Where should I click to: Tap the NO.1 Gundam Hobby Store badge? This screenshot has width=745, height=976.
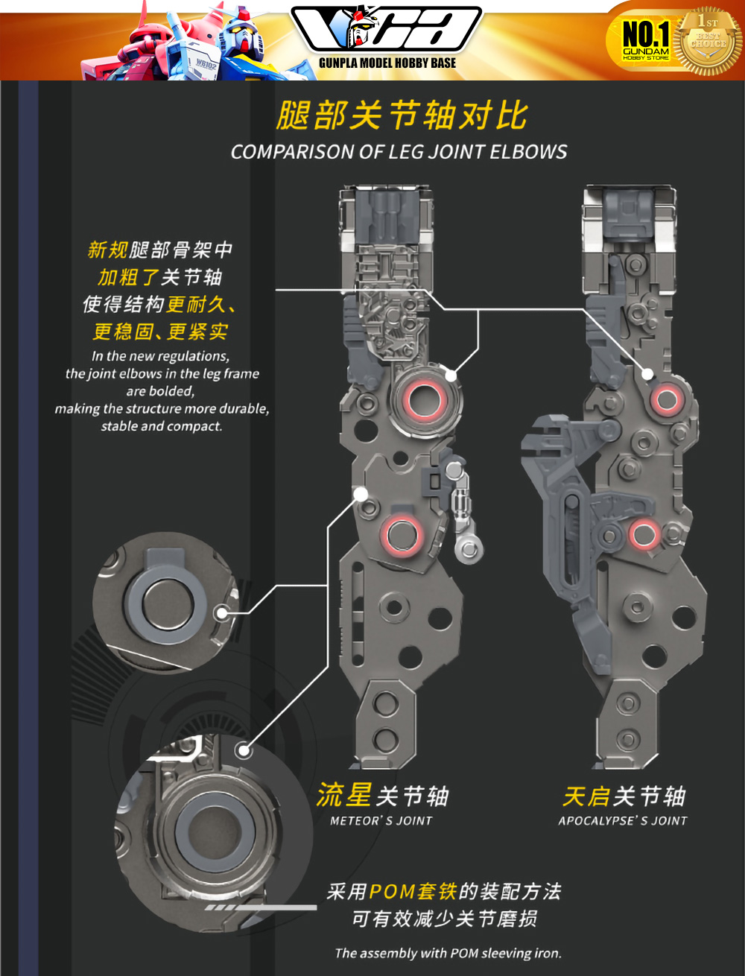645,40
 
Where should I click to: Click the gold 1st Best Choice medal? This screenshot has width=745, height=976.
708,41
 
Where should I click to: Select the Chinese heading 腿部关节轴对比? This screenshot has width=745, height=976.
402,116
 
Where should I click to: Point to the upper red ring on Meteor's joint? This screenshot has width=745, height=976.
425,400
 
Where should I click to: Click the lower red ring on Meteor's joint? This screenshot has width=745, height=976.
403,533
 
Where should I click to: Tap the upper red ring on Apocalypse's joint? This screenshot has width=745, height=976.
666,400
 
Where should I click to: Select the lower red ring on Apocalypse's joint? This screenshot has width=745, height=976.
643,533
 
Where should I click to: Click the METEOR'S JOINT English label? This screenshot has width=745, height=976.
381,820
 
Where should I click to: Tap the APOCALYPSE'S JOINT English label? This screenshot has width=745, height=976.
623,820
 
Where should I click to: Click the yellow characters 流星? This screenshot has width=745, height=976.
343,795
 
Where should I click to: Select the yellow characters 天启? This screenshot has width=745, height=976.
586,796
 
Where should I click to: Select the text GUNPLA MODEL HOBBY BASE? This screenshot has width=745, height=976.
387,63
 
